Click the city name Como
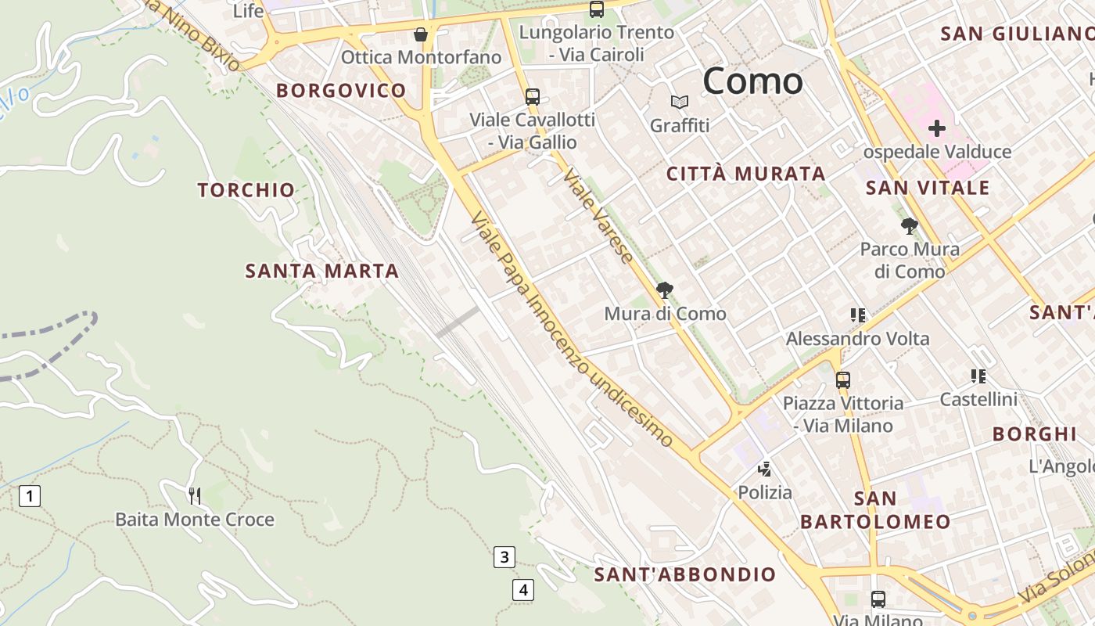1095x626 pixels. (752, 81)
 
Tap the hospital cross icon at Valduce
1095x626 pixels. (936, 128)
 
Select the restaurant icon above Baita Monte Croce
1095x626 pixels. (195, 495)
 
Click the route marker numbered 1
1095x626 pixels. (30, 495)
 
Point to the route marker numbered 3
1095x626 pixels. (504, 557)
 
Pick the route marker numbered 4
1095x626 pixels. (523, 589)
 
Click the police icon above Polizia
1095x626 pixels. (765, 469)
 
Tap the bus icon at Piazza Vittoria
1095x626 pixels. (842, 380)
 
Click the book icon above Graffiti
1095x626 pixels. (680, 103)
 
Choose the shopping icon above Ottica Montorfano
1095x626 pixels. (421, 34)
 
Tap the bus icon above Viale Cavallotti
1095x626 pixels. (533, 97)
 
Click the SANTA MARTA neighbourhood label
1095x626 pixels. (322, 271)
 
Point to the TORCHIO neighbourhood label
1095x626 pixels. (246, 189)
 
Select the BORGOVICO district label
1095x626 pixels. (341, 90)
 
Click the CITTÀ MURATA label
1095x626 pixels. (745, 174)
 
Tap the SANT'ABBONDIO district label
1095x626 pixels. (684, 574)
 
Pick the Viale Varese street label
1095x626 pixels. (598, 215)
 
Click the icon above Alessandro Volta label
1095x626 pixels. (857, 315)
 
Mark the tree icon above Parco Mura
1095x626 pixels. (909, 227)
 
